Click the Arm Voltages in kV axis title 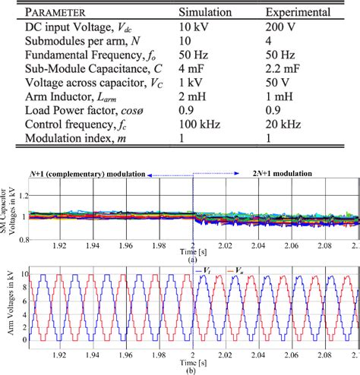10,307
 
